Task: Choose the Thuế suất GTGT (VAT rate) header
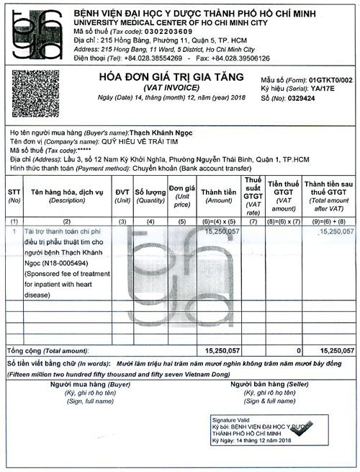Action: [x=253, y=195]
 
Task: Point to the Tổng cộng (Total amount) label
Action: [x=45, y=350]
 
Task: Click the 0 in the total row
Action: [x=297, y=350]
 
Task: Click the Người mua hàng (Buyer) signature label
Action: [x=91, y=386]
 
